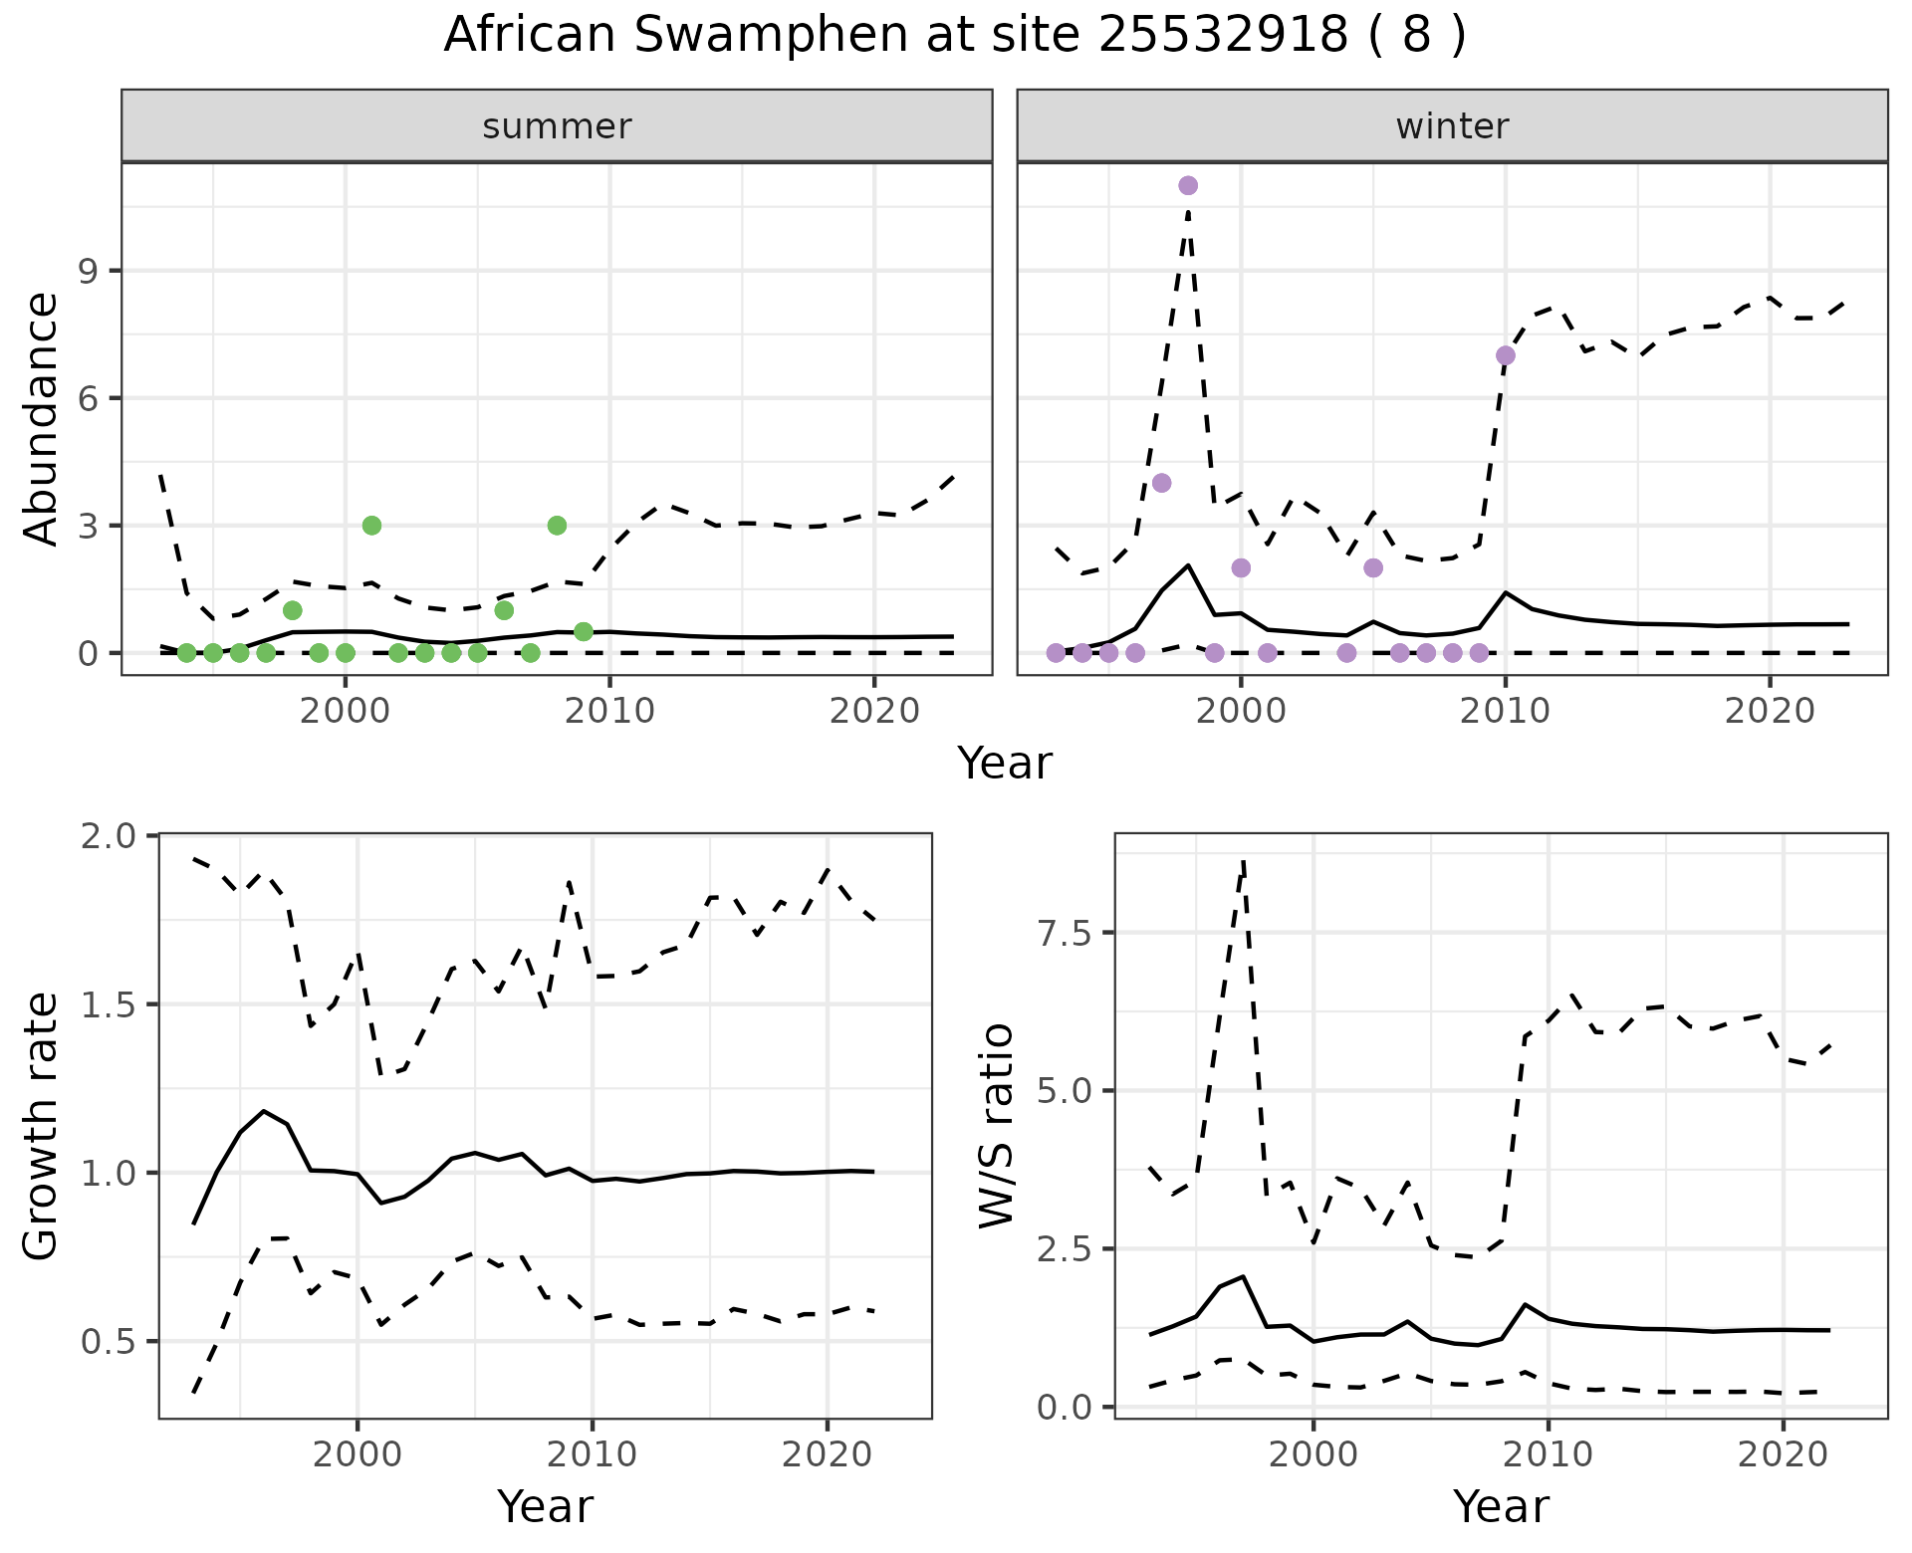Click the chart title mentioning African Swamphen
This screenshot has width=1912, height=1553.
[954, 36]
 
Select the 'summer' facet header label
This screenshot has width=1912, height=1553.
[557, 126]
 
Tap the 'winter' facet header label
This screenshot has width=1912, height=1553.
[1452, 126]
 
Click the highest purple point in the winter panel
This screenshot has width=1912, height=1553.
[1188, 185]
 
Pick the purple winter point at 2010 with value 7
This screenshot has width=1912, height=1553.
[1506, 355]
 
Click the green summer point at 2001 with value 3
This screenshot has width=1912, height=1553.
[371, 526]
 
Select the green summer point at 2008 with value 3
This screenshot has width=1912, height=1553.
[557, 526]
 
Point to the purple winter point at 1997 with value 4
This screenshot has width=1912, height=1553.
[1161, 483]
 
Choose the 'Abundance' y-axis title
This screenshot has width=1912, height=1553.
[42, 419]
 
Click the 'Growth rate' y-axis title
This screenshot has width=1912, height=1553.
[42, 1126]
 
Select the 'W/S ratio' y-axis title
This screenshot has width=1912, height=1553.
[996, 1126]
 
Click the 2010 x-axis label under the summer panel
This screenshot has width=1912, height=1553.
[609, 712]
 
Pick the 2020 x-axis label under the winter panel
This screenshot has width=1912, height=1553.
[1770, 712]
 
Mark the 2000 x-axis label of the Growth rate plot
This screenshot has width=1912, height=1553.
[358, 1454]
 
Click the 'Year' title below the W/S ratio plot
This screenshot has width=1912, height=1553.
[1501, 1507]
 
